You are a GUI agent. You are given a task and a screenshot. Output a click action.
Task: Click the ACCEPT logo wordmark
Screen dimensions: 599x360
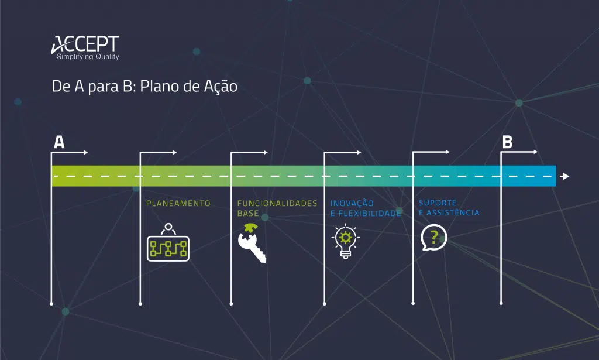tap(85, 44)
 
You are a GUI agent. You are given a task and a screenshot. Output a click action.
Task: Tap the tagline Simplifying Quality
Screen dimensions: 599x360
tap(88, 57)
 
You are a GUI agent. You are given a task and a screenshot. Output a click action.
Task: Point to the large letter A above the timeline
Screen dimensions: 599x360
tap(59, 142)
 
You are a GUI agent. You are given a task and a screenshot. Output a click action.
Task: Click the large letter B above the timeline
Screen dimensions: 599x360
tap(507, 142)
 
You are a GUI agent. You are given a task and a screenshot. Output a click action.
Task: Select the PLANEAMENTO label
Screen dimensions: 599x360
tap(178, 203)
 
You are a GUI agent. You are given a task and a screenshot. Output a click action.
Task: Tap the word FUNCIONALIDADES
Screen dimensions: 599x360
tap(277, 203)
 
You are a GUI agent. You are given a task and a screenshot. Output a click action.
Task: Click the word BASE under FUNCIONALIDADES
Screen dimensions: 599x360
tap(248, 213)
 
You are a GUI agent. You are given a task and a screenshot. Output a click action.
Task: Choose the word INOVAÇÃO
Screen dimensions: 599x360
tap(352, 203)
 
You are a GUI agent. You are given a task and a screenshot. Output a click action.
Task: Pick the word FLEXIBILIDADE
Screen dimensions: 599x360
tap(370, 213)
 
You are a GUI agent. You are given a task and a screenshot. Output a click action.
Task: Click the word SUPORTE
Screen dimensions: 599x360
tap(438, 203)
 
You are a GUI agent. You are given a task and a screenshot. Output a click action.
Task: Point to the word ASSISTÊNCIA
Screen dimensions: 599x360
tap(453, 212)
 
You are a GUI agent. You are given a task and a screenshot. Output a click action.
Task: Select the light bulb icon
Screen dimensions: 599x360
tap(345, 241)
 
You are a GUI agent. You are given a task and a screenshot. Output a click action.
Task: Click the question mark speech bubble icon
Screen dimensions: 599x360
tap(433, 237)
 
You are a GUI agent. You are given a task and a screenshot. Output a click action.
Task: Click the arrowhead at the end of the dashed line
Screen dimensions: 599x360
tap(565, 176)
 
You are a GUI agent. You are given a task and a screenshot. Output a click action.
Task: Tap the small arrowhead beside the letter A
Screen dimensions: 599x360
tap(85, 152)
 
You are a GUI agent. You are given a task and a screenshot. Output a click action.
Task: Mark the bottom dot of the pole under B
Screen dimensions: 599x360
tap(501, 303)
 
